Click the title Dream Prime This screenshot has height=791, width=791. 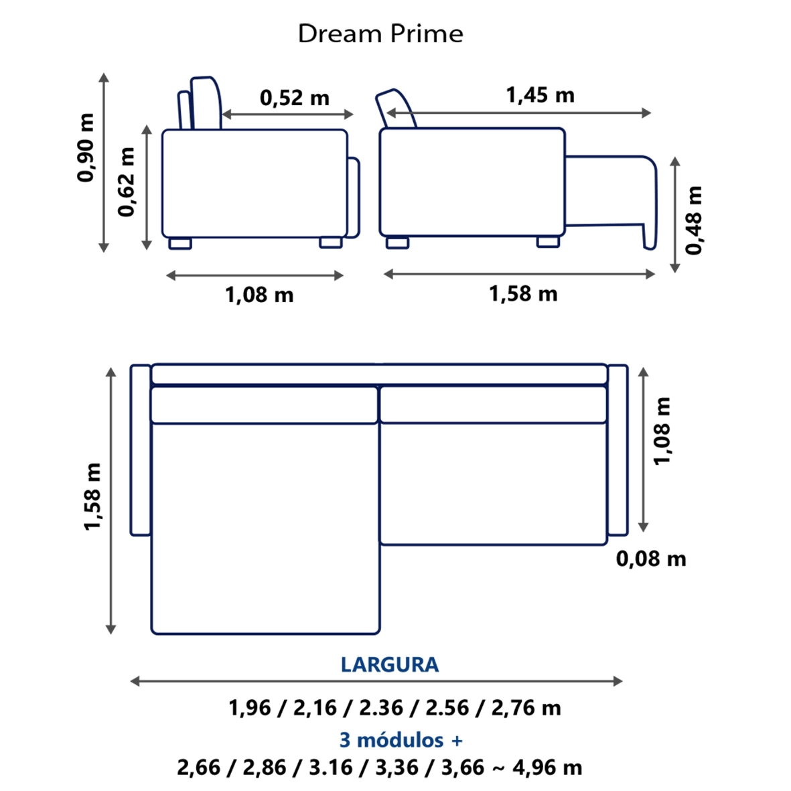380,34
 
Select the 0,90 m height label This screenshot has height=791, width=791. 86,147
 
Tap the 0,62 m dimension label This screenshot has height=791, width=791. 127,182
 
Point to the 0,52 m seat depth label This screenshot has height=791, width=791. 295,98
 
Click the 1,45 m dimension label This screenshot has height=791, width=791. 541,95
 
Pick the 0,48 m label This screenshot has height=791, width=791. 694,220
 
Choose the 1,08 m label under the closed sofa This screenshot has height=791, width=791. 259,295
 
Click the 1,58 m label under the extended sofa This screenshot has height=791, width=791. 523,293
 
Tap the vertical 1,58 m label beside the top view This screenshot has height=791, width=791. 92,496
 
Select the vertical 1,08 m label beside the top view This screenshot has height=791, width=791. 662,430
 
